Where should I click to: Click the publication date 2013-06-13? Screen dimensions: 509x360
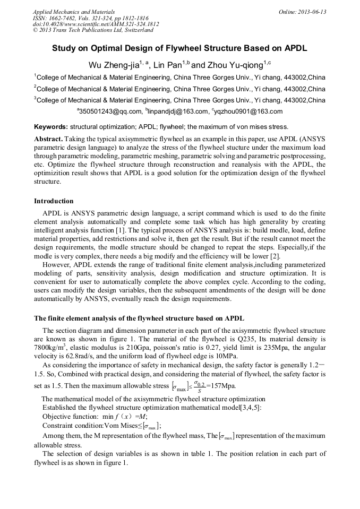point(313,12)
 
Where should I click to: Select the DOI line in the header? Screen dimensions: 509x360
point(96,24)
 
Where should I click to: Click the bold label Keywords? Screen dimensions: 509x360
point(51,127)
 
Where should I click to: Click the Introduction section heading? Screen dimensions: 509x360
point(54,201)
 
